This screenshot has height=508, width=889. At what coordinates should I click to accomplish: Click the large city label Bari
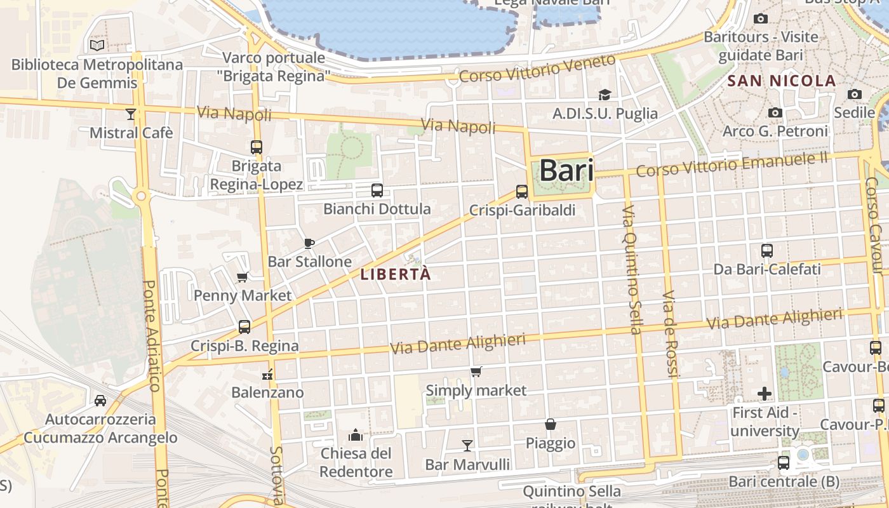[x=566, y=171]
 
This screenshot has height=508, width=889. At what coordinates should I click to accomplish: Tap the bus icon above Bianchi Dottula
[x=377, y=190]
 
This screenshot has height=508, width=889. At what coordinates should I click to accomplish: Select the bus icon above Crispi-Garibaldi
[x=522, y=191]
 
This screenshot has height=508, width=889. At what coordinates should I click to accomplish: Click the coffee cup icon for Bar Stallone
[x=309, y=243]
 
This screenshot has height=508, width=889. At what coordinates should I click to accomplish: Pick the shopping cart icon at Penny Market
[x=242, y=277]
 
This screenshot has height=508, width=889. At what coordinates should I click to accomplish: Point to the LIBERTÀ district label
[x=395, y=274]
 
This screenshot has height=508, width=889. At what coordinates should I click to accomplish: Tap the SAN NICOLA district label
[x=782, y=81]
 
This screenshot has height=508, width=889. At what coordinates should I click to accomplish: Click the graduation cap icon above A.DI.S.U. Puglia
[x=605, y=95]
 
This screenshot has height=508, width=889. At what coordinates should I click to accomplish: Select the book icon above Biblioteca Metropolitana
[x=97, y=45]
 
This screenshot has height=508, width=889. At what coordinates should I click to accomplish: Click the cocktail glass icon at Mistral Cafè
[x=131, y=114]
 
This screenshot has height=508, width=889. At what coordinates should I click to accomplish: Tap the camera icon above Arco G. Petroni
[x=775, y=112]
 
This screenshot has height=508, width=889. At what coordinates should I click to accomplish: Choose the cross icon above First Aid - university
[x=765, y=394]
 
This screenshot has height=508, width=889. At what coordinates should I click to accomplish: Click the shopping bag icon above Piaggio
[x=551, y=424]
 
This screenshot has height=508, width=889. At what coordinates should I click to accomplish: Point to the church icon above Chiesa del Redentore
[x=356, y=435]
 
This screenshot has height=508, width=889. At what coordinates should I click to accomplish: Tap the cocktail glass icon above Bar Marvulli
[x=467, y=445]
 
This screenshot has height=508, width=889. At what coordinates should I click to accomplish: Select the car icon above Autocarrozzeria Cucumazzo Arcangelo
[x=100, y=400]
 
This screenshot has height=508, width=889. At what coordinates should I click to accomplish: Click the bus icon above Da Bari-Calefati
[x=767, y=250]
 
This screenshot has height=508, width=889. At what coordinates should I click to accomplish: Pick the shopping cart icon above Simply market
[x=476, y=371]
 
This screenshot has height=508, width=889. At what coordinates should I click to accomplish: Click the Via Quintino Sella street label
[x=632, y=269]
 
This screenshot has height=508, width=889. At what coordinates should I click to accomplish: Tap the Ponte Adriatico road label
[x=152, y=337]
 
